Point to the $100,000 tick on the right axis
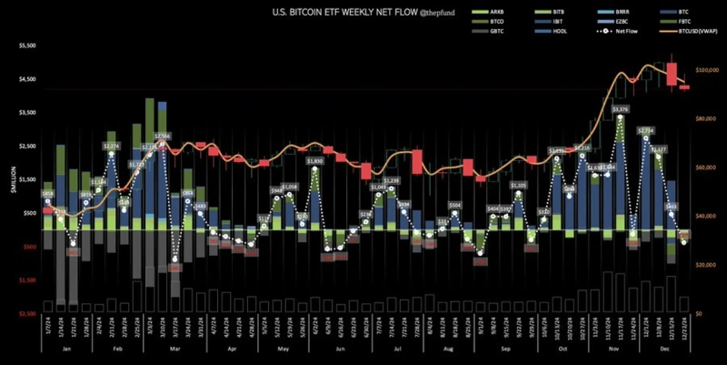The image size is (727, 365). click(x=709, y=69)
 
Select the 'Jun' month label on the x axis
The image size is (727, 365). click(x=338, y=350)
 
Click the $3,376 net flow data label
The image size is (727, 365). click(x=620, y=109)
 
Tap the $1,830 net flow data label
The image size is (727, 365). click(x=315, y=161)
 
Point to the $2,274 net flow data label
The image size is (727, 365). click(x=112, y=146)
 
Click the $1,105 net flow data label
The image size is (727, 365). click(x=519, y=186)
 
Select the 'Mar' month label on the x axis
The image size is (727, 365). click(x=174, y=350)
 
